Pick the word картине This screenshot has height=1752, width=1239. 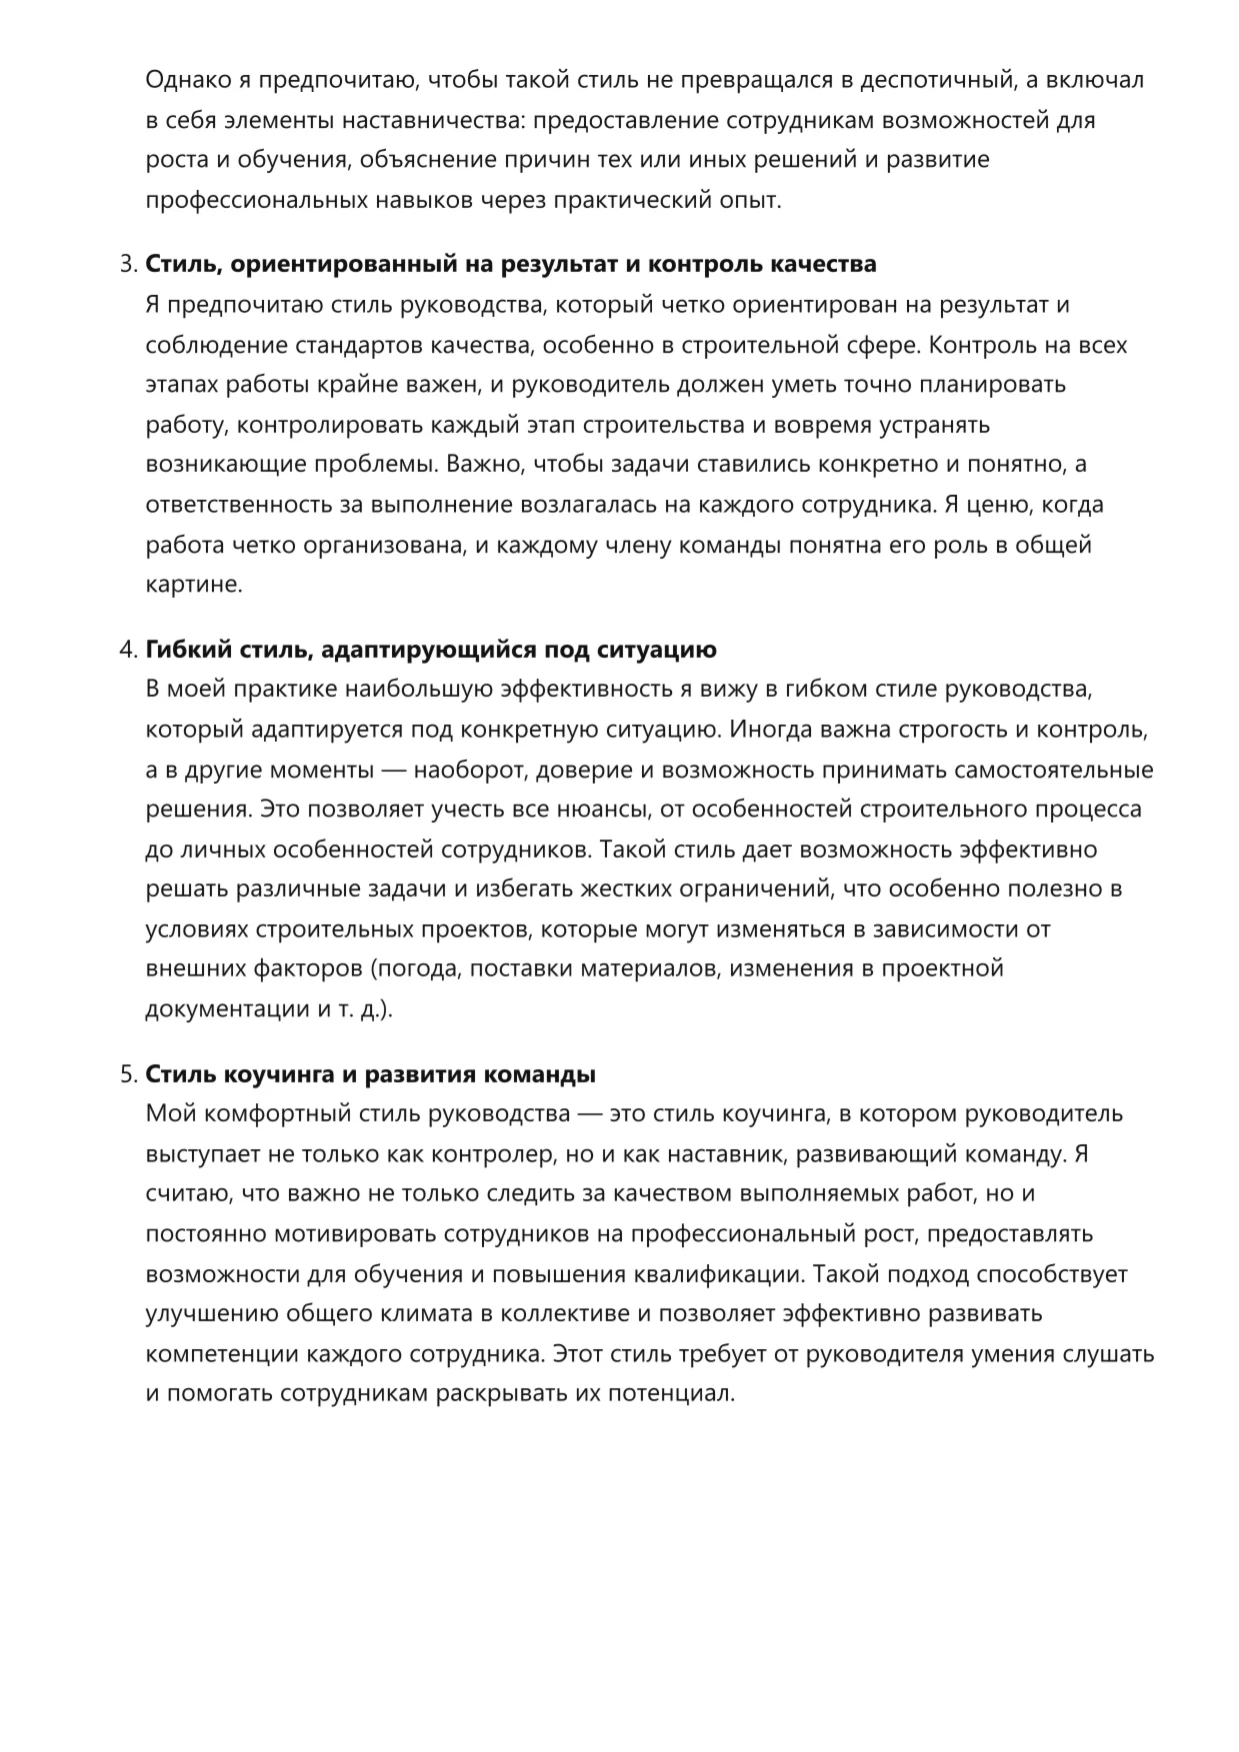[194, 586]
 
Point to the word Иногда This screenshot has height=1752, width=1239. [770, 730]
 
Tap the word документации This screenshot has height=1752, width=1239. [227, 1009]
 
